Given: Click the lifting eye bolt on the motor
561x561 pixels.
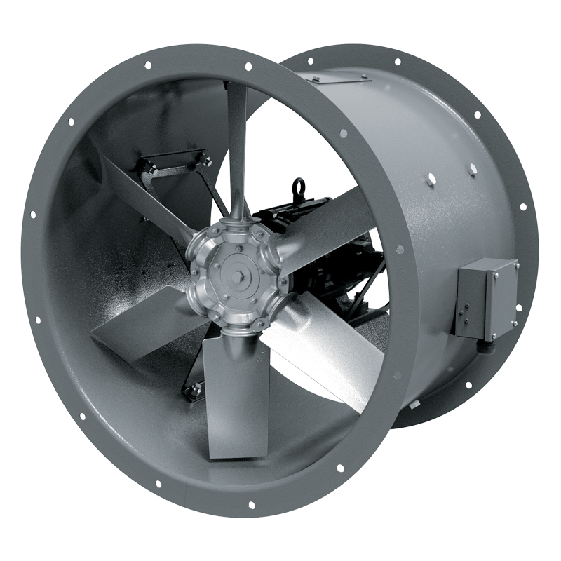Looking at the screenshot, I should pyautogui.click(x=300, y=189).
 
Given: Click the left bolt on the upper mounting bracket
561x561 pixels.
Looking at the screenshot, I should pyautogui.click(x=149, y=166).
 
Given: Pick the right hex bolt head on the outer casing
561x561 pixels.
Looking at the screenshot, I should pyautogui.click(x=472, y=169).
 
